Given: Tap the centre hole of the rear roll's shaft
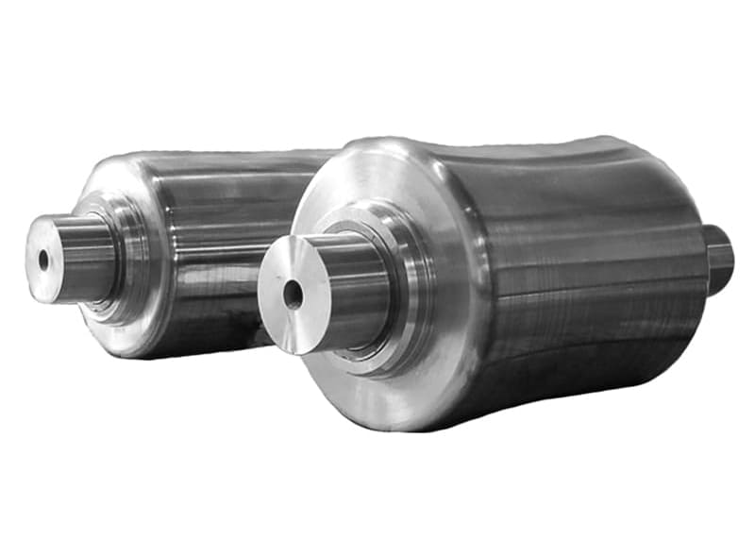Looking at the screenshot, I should pos(43,258).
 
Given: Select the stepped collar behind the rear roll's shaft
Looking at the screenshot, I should pos(127,255).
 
